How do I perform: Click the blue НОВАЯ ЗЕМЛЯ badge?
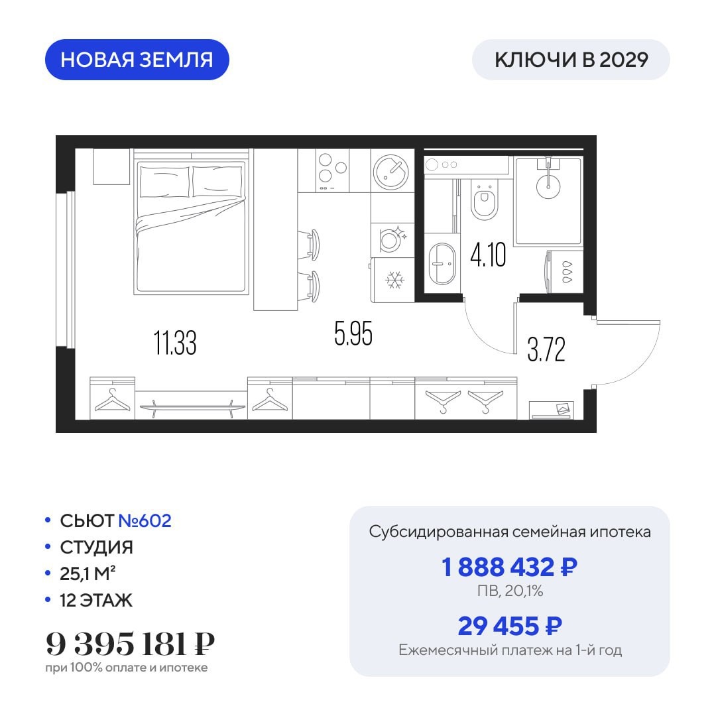(137, 60)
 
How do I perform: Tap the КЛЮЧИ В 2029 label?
(571, 60)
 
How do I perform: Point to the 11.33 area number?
(175, 343)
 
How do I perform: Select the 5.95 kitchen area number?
(353, 333)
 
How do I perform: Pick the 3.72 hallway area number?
(546, 349)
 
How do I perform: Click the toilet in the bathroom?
(483, 200)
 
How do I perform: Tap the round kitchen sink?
(390, 172)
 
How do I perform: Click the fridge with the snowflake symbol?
(392, 280)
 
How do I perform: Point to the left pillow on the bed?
(164, 181)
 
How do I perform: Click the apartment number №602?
(145, 520)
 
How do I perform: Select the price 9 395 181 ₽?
(130, 644)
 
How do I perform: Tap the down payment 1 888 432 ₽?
(509, 567)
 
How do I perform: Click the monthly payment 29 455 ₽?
(510, 626)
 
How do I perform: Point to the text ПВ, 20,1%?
(510, 591)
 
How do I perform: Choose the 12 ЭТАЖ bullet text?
(96, 600)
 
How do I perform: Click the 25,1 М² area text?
(88, 573)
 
